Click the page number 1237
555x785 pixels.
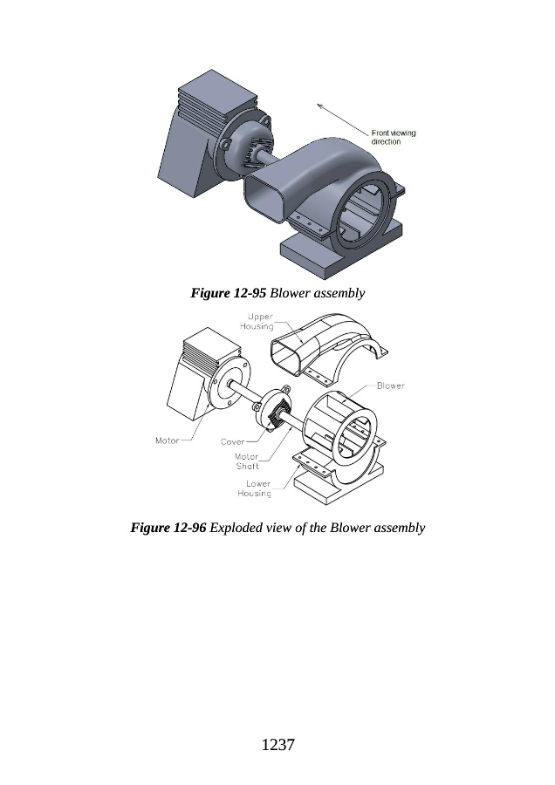tap(278, 745)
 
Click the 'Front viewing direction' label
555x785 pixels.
tap(394, 137)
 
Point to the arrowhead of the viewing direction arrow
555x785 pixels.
tap(319, 106)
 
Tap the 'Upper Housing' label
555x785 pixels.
tap(257, 321)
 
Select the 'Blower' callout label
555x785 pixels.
tap(391, 386)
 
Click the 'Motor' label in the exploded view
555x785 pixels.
tap(167, 440)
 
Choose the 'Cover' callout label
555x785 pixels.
tap(232, 441)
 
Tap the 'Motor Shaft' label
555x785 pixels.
tap(247, 461)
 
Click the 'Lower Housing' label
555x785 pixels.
tap(255, 488)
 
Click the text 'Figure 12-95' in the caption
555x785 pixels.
tap(228, 293)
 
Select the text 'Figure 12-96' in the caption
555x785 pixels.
tap(168, 528)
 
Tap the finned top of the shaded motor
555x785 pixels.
tap(217, 100)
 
